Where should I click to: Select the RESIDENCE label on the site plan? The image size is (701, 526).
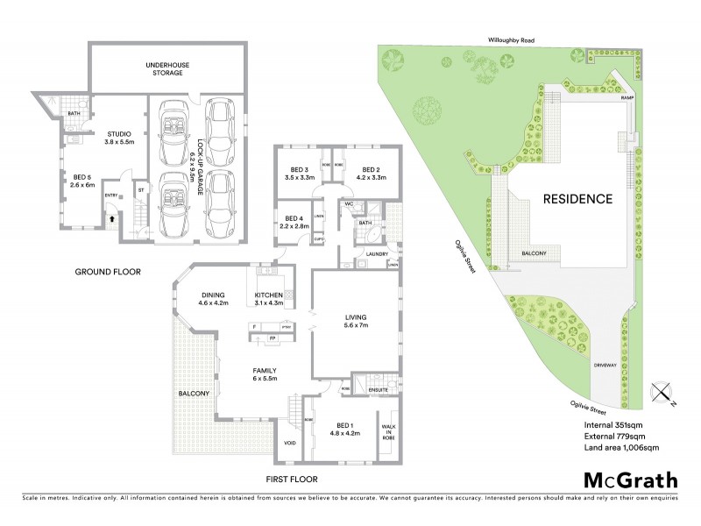pyautogui.click(x=577, y=198)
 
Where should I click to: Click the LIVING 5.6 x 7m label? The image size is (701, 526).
pyautogui.click(x=355, y=322)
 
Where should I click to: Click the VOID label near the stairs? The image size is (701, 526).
pyautogui.click(x=290, y=443)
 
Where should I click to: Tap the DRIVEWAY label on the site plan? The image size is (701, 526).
pyautogui.click(x=605, y=364)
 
